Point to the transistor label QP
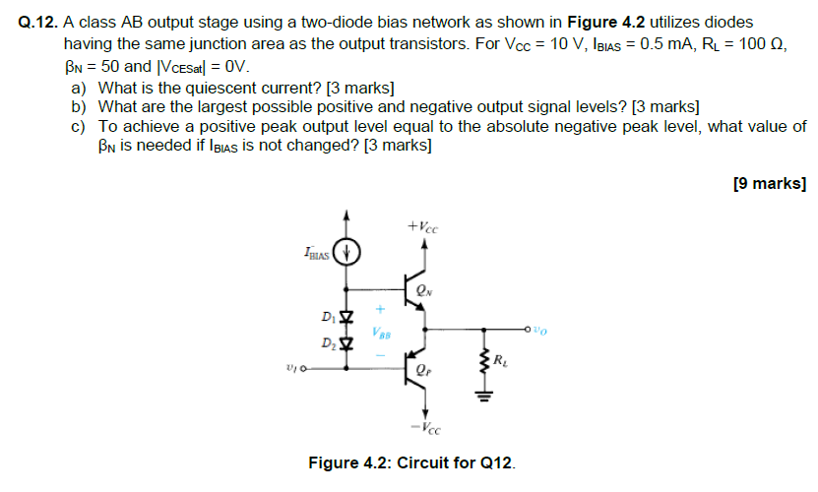pos(423,373)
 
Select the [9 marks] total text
pos(770,183)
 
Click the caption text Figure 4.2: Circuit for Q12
pos(411,461)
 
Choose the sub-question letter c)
pos(79,127)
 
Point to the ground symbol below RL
pos(483,398)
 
